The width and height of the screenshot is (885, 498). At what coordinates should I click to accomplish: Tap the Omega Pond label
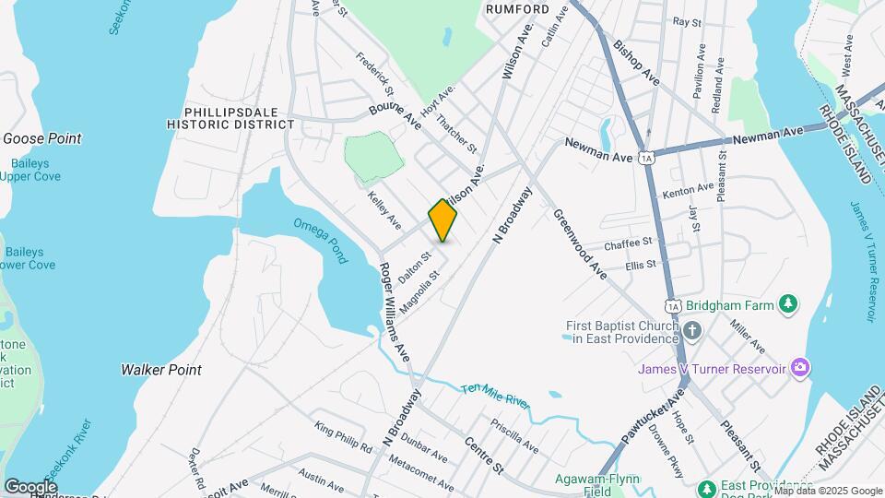coord(321,239)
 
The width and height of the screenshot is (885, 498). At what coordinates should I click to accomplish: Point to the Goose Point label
coord(42,138)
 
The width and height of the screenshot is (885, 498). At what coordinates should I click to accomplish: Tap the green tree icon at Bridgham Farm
coord(787,303)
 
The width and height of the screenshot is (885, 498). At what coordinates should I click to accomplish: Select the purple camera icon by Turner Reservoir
coord(799,369)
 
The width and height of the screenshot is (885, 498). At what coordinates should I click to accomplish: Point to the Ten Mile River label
coord(497,397)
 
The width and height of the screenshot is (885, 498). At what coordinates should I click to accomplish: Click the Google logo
coord(30,486)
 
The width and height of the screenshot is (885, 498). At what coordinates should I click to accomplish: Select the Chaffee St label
coord(628,243)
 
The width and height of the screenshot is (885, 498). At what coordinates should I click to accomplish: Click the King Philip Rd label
coord(343,436)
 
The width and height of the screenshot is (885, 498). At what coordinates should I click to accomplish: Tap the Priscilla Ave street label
coord(514,436)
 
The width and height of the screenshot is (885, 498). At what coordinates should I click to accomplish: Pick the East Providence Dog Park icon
coord(707,487)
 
